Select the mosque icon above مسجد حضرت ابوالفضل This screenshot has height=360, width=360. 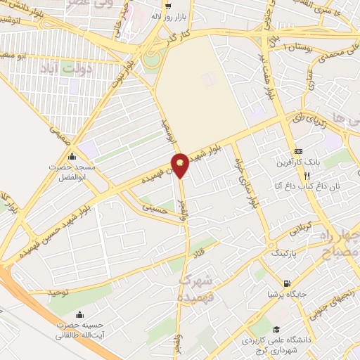[x=71, y=156]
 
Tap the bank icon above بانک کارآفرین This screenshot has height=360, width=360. [x=299, y=151]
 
